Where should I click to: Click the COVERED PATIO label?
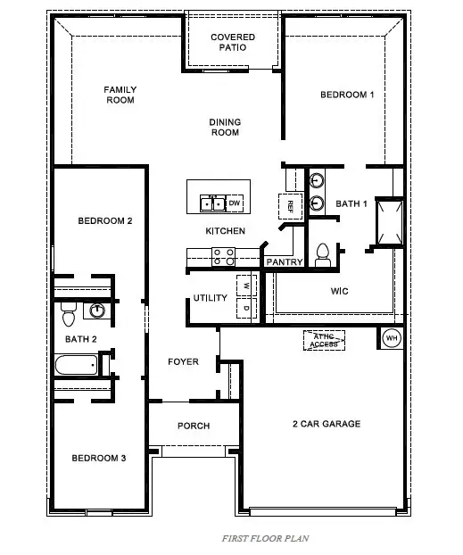pos(233,43)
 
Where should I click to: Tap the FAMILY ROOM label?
pos(119,95)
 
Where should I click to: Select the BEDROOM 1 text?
pos(347,95)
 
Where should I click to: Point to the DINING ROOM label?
pos(225,128)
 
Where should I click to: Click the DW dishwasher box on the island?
pos(235,203)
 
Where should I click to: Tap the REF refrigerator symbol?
pos(290,205)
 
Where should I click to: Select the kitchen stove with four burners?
pos(223,257)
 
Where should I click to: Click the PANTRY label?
pos(284,262)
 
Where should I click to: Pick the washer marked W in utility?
pos(245,286)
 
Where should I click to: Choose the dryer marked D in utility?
pos(245,308)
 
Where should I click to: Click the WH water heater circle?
pos(392,338)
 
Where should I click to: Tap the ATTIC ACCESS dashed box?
pos(324,339)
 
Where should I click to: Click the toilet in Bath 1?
pos(323,254)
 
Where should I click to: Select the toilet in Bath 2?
pos(68,314)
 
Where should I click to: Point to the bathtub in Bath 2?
pos(76,364)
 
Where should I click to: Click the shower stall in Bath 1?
pos(388,221)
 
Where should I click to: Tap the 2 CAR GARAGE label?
pos(326,423)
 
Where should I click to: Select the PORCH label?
pos(193,426)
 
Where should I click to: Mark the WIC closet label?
pos(338,291)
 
